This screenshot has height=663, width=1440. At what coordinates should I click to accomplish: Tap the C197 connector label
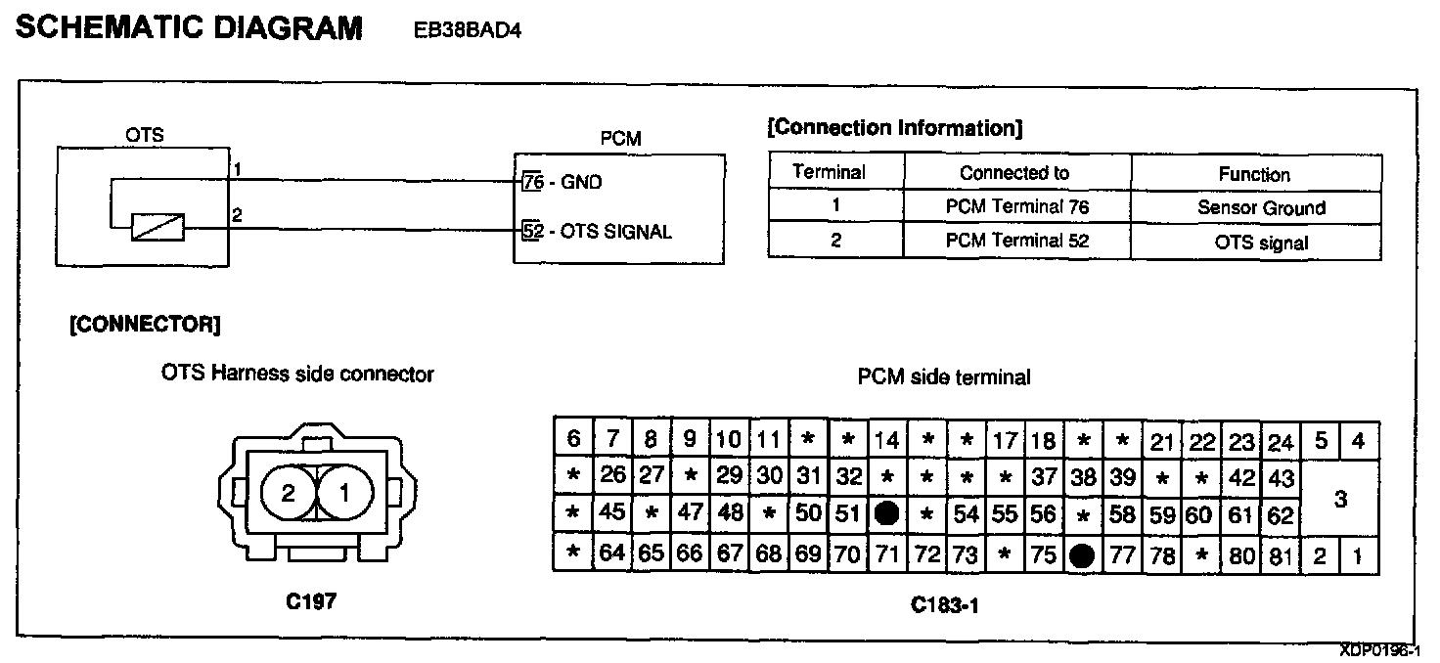click(x=311, y=602)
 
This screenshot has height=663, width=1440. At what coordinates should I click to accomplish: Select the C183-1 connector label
click(x=944, y=605)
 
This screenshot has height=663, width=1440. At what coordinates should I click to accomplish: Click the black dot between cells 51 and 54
click(x=887, y=513)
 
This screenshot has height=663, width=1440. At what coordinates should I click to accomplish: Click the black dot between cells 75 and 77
click(x=1082, y=555)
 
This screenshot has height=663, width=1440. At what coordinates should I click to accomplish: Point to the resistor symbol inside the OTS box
click(x=157, y=228)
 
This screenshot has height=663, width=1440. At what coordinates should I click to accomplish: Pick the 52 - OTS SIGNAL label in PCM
click(x=597, y=232)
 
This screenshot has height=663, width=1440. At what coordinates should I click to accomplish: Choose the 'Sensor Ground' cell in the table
click(x=1261, y=207)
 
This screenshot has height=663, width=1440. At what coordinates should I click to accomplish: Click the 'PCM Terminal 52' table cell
click(x=1017, y=241)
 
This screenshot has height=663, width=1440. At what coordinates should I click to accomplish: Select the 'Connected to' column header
click(x=1014, y=173)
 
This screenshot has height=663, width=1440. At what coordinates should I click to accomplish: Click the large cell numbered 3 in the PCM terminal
click(x=1340, y=499)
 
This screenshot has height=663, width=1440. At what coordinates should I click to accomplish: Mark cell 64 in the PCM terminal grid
click(x=611, y=554)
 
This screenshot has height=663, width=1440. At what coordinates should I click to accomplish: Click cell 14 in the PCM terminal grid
click(x=886, y=440)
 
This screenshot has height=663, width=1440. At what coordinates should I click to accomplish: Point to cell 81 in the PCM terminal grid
click(x=1280, y=555)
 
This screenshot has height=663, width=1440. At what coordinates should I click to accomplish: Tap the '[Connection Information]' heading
click(x=895, y=128)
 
